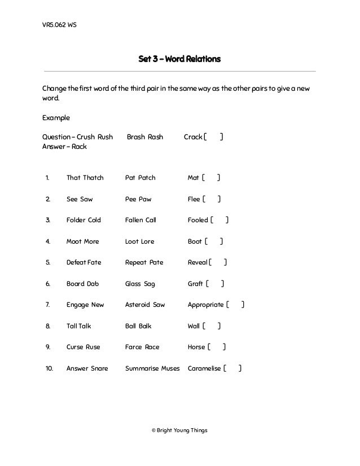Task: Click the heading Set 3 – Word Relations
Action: (x=179, y=59)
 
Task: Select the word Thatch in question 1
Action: (x=93, y=178)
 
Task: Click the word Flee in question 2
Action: (x=194, y=199)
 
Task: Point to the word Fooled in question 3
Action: (x=197, y=220)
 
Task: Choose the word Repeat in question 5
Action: (x=136, y=262)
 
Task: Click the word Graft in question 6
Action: (x=195, y=284)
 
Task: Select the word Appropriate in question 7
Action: (x=206, y=305)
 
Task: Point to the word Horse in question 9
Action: (x=196, y=347)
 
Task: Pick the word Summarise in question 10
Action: (x=141, y=368)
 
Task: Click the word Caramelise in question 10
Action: (x=204, y=368)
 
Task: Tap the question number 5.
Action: (x=48, y=262)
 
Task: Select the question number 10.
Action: (x=49, y=368)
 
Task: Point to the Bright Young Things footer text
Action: (x=179, y=430)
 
